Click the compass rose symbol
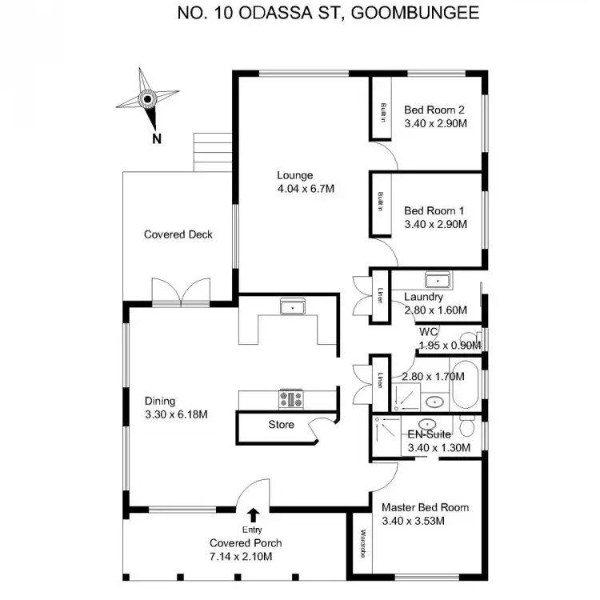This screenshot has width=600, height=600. [147, 99]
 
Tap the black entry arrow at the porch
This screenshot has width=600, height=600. [253, 514]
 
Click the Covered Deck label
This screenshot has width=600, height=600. [178, 234]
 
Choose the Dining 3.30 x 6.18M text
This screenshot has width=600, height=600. [176, 408]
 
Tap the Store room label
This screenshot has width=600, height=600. [281, 425]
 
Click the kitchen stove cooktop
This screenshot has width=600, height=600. [289, 398]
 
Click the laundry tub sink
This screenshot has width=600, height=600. [437, 280]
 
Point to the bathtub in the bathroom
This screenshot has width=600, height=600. [463, 389]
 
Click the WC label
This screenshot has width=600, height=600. [427, 331]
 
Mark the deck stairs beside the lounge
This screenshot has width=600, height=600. [212, 151]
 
